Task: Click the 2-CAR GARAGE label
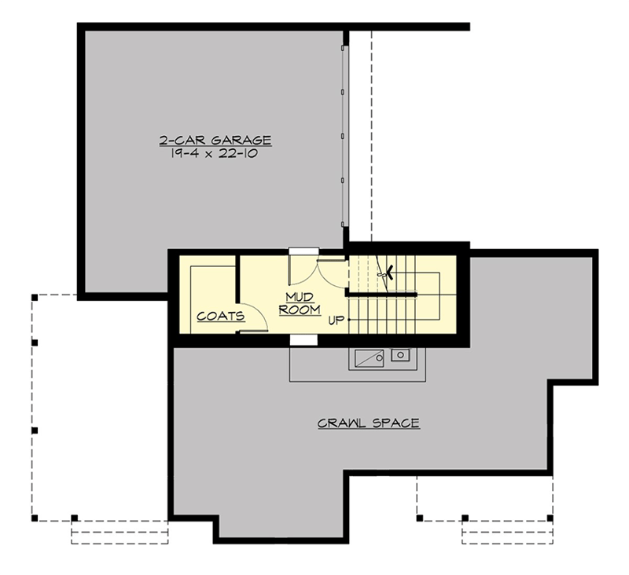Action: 215,141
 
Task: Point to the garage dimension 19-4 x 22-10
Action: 215,154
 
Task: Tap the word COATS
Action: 221,317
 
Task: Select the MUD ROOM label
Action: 300,304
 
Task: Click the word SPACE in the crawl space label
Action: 395,423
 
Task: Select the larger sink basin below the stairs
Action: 368,358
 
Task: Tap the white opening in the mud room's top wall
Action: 302,251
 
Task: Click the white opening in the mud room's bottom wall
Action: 303,340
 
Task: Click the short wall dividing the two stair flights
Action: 382,293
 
